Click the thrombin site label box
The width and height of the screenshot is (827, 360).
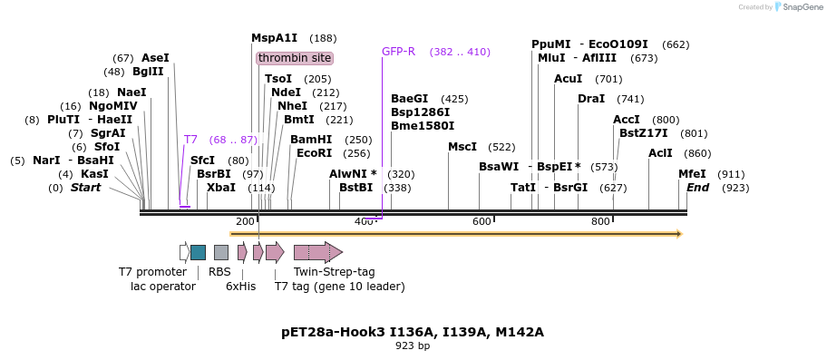(x=295, y=58)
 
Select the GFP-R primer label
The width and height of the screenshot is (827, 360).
(x=398, y=52)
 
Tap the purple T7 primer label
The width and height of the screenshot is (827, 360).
(x=190, y=140)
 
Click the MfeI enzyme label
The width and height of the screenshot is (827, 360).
(x=692, y=174)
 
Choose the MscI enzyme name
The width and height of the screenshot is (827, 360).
(x=462, y=147)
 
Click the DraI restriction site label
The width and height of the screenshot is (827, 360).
(x=591, y=99)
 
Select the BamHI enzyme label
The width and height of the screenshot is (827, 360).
(x=311, y=140)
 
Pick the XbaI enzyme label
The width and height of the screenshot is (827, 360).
(x=220, y=188)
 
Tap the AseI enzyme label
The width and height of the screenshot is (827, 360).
(x=155, y=58)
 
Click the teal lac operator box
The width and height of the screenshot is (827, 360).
(x=198, y=252)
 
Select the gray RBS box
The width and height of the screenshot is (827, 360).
(x=221, y=252)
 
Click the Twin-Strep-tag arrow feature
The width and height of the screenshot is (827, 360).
(x=317, y=252)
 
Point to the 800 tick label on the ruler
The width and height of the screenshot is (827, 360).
(x=600, y=222)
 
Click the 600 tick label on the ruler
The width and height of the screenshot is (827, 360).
(x=482, y=222)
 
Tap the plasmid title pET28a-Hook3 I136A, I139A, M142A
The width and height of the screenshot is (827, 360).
(x=413, y=332)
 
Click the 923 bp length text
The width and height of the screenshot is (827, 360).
(x=413, y=345)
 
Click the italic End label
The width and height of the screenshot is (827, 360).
(x=697, y=188)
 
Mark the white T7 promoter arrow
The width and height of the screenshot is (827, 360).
(x=184, y=252)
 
